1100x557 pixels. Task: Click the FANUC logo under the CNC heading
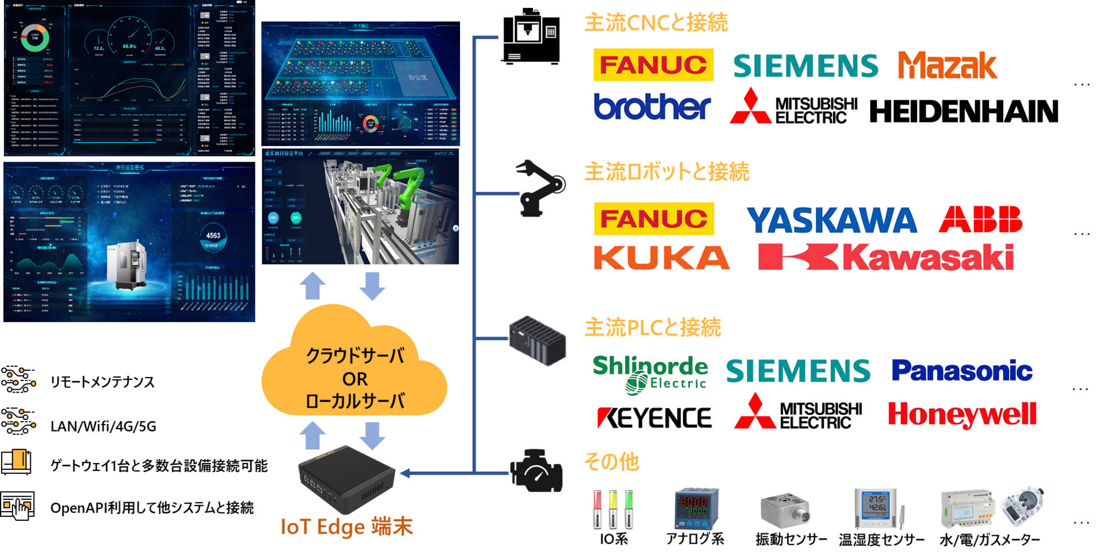tap(653, 65)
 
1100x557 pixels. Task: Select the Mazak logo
tap(948, 65)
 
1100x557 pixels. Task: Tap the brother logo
tap(653, 106)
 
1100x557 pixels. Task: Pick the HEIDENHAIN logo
tap(964, 111)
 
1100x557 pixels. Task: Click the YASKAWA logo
tap(831, 220)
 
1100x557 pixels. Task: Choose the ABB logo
tap(980, 219)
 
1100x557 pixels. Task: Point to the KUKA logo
tap(662, 257)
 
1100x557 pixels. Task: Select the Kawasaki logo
tap(886, 257)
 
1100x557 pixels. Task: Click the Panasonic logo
tap(962, 370)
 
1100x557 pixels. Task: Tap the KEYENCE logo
tap(654, 418)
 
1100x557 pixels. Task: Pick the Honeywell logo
tap(962, 415)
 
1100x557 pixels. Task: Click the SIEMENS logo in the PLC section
tap(798, 370)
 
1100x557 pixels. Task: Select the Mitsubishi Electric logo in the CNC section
tap(793, 106)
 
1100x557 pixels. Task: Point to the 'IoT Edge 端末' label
tap(346, 527)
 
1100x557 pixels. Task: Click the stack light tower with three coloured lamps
tap(613, 509)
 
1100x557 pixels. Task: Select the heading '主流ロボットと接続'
tap(666, 171)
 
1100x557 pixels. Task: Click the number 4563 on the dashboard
tap(213, 236)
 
